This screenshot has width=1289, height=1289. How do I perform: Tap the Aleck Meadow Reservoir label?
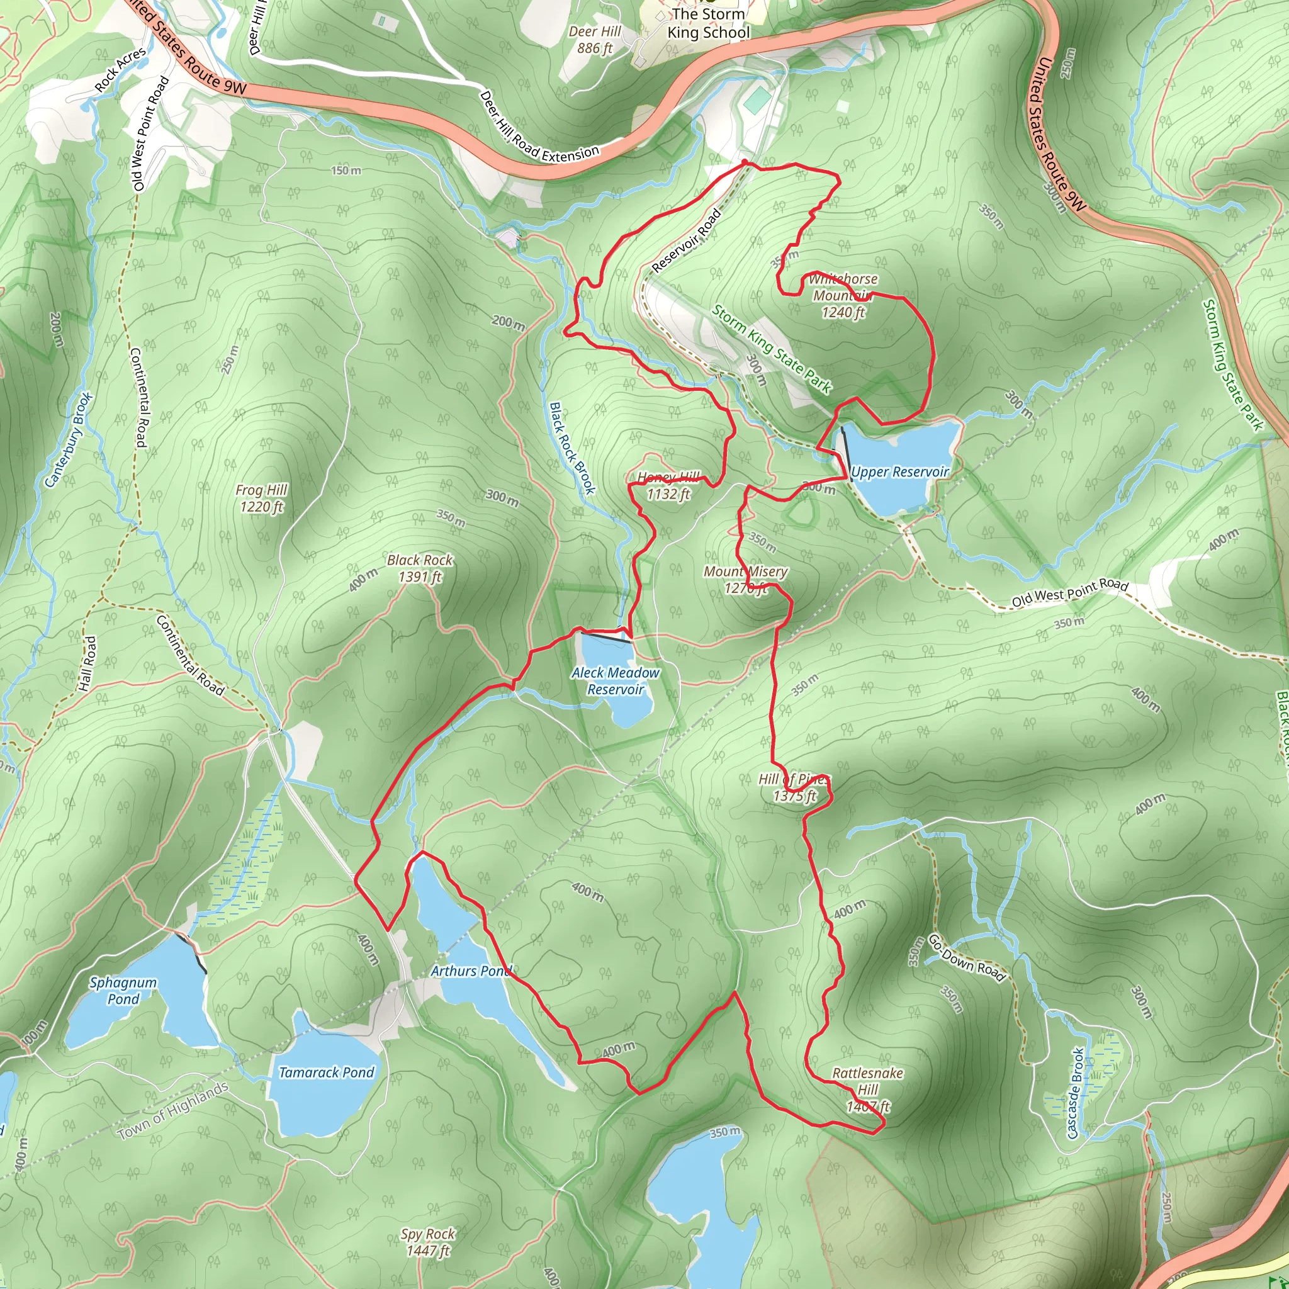615,681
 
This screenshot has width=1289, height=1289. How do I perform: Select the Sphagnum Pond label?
123,991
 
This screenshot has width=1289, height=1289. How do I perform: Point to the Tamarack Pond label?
326,1072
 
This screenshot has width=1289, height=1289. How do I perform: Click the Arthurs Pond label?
470,971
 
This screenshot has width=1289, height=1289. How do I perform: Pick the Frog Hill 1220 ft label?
262,498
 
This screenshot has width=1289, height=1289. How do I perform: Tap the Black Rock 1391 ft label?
420,568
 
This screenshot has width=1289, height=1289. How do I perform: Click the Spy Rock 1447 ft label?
427,1242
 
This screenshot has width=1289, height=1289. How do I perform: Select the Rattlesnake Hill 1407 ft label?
867,1089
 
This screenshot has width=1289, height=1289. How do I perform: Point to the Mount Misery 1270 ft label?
745,580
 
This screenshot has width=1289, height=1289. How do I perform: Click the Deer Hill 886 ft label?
594,40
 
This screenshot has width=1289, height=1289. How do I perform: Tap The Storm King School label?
709,23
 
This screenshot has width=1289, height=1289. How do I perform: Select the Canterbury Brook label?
69,441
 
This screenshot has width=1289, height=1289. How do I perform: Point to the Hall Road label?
87,663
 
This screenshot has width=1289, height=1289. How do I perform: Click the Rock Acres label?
120,70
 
